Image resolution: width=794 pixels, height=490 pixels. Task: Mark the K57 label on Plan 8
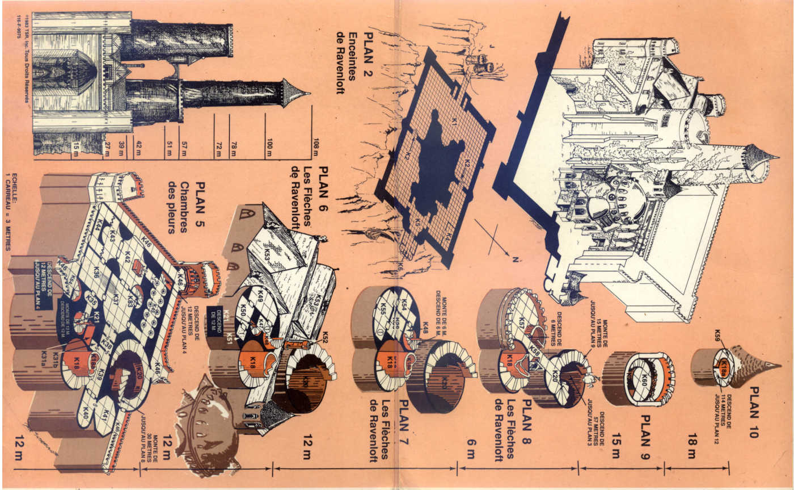[x=520, y=323]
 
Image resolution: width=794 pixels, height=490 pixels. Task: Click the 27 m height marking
[x=105, y=145]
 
